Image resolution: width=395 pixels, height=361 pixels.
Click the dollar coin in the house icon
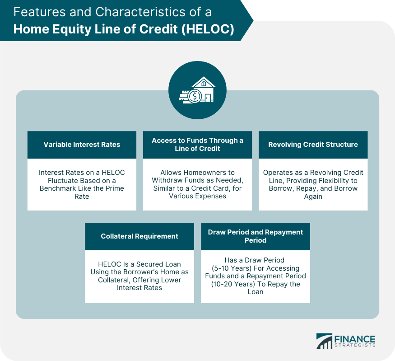pos(195,96)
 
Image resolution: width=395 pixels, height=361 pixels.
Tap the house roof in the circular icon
pos(204,82)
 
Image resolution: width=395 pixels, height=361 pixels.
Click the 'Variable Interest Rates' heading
pos(82,145)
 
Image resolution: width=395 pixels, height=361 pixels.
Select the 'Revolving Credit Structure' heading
pos(313,145)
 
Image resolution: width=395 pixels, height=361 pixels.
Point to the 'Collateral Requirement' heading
pos(139,236)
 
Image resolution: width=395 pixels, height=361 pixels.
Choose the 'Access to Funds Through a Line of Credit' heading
pos(198,145)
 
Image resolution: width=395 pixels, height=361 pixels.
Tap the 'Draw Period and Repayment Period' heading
pos(256,236)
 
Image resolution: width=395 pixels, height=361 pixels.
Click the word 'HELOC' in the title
pos(208,29)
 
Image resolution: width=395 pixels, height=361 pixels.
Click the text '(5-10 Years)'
pos(232,268)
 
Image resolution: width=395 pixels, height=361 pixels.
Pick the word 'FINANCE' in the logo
pos(355,339)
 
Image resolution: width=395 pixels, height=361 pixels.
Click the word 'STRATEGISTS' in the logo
pos(355,345)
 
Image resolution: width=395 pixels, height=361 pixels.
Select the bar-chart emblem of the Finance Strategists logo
pos(325,341)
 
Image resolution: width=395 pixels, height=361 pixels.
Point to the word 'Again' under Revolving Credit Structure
pos(313,197)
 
